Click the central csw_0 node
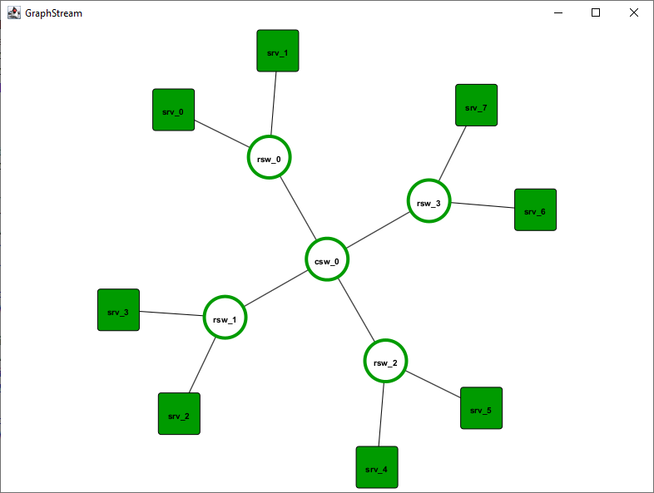pyautogui.click(x=326, y=260)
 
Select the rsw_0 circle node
pyautogui.click(x=269, y=157)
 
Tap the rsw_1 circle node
pyautogui.click(x=225, y=318)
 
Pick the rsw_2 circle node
pyautogui.click(x=385, y=362)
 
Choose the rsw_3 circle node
pyautogui.click(x=429, y=202)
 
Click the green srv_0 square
pyautogui.click(x=173, y=110)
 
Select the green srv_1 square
pyautogui.click(x=277, y=51)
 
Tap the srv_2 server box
pyautogui.click(x=179, y=413)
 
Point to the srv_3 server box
pyautogui.click(x=118, y=310)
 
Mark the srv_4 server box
pyautogui.click(x=377, y=467)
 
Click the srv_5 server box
pyautogui.click(x=481, y=408)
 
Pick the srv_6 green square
pyautogui.click(x=535, y=210)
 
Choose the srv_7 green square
pyautogui.click(x=476, y=106)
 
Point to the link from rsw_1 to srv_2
pyautogui.click(x=202, y=366)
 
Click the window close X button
pyautogui.click(x=634, y=12)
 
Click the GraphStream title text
pyautogui.click(x=53, y=13)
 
